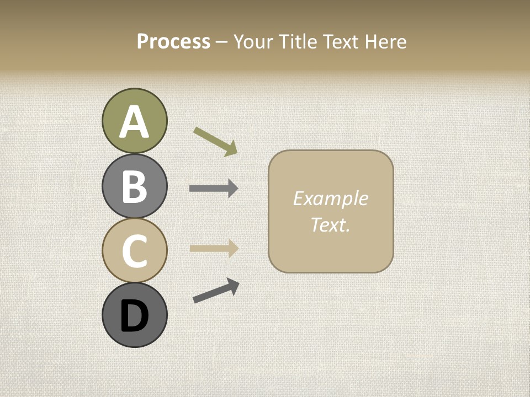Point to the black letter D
134,316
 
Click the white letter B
134,186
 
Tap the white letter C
134,251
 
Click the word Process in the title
173,41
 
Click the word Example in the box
330,198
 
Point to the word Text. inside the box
330,224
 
